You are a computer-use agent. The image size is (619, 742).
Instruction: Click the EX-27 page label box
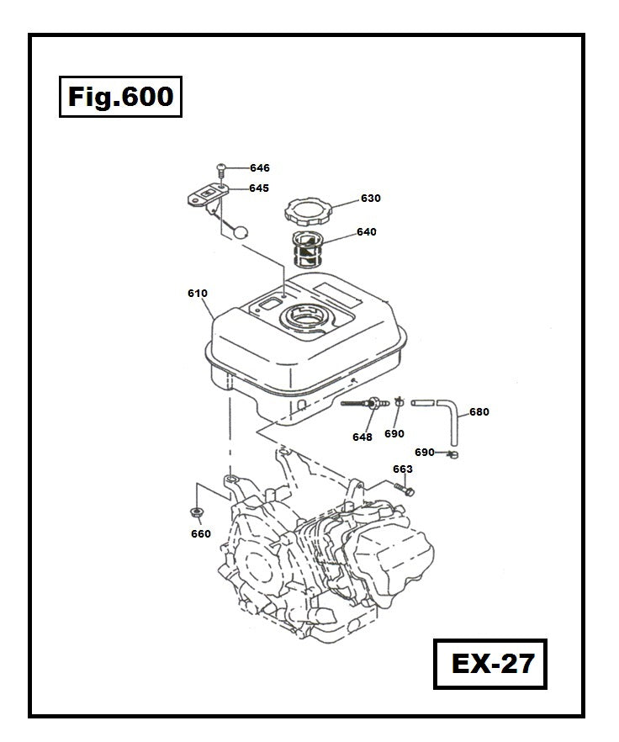[492, 665]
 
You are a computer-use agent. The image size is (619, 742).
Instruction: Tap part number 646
[259, 168]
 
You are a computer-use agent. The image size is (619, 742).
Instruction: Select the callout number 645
[259, 188]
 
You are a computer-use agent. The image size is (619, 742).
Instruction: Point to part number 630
[370, 199]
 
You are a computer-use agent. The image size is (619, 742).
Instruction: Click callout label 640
[366, 232]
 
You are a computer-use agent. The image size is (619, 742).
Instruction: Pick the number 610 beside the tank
[198, 294]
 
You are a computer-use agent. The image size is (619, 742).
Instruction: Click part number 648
[362, 437]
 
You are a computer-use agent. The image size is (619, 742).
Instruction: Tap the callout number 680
[479, 412]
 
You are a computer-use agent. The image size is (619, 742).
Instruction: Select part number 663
[403, 469]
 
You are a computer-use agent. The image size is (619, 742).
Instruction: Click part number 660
[201, 533]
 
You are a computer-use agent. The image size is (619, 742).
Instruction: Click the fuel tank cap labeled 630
[308, 207]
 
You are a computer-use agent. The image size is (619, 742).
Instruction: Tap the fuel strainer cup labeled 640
[309, 250]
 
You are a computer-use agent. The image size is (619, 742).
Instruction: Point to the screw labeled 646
[221, 169]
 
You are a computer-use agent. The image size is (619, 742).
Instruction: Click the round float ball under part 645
[241, 231]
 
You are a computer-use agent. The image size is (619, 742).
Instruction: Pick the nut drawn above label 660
[197, 512]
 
